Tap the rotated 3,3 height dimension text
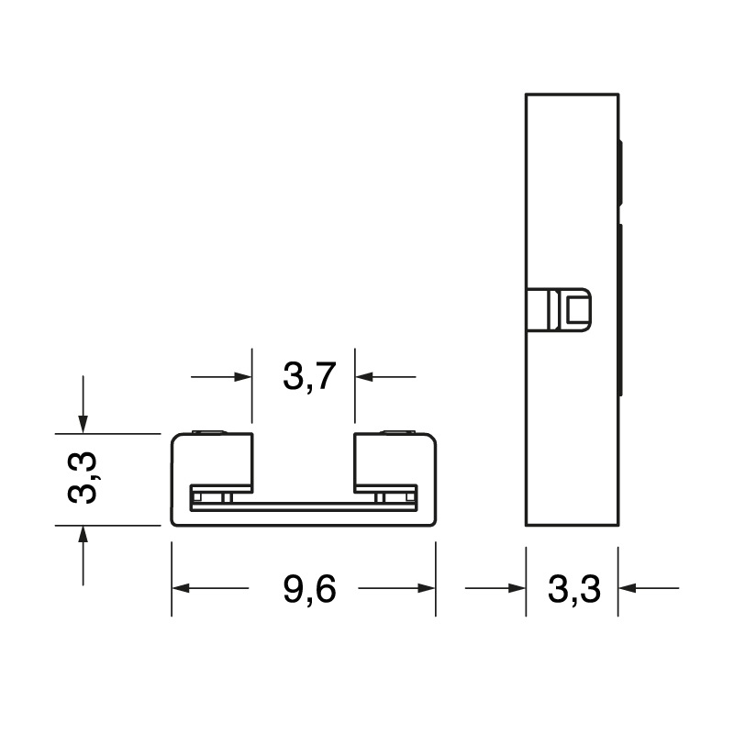pos(84,477)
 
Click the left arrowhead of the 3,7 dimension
pos(243,376)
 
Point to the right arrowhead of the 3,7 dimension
pos(364,376)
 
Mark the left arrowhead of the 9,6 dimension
pos(181,588)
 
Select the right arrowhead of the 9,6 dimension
pos(427,588)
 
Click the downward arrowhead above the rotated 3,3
pos(83,424)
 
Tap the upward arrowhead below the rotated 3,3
pos(83,533)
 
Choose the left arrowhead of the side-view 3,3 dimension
pos(517,588)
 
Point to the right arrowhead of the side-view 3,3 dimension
pos(627,588)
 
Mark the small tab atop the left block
pos(210,430)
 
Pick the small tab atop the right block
pos(397,430)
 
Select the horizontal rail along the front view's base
pos(304,503)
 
